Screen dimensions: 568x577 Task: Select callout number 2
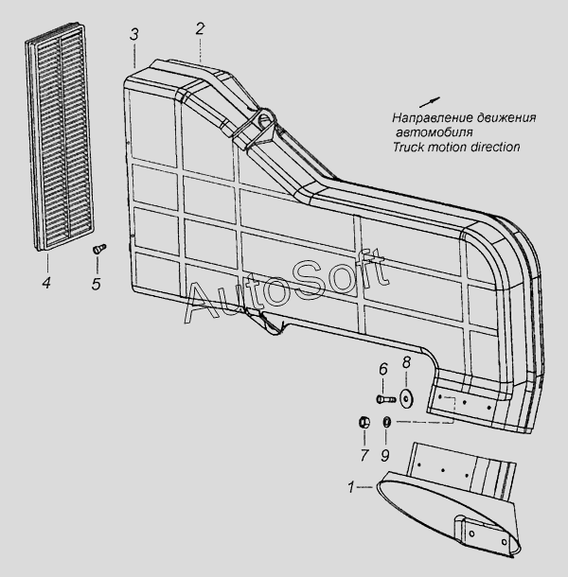coord(200,28)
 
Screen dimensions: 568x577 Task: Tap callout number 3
coord(135,35)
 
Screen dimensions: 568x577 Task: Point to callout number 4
coord(45,282)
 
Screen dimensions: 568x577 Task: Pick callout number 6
coord(382,370)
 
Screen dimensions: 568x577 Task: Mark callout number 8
coord(407,362)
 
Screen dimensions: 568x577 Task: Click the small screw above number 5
coord(97,249)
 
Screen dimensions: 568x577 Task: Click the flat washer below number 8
coord(407,395)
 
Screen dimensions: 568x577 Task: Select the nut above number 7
coord(363,421)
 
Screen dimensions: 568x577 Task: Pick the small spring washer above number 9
coord(386,421)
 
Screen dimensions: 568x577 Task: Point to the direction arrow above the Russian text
coord(429,100)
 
